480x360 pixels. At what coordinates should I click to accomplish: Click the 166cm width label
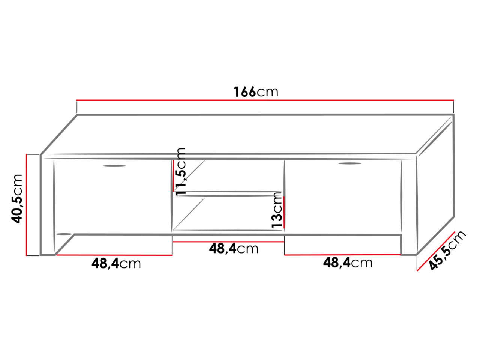(x=256, y=91)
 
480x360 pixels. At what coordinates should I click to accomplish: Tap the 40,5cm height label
(x=17, y=199)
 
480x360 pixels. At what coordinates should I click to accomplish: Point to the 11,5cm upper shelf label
(x=180, y=172)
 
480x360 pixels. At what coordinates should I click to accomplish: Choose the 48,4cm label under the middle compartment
(x=234, y=249)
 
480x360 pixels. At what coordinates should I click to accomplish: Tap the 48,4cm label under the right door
(x=348, y=262)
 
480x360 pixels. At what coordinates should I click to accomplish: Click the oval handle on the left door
(x=114, y=166)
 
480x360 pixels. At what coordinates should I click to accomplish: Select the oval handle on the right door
(x=350, y=163)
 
